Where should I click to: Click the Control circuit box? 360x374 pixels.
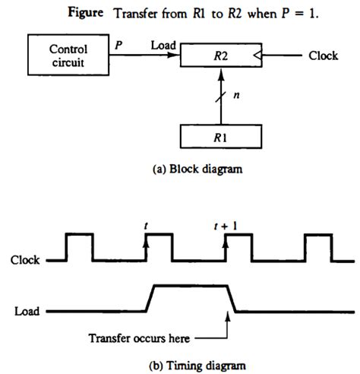(x=68, y=55)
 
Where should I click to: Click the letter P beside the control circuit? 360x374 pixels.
(x=118, y=46)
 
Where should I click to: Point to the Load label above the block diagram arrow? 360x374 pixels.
(x=163, y=46)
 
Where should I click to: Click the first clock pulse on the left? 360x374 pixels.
(x=79, y=247)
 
